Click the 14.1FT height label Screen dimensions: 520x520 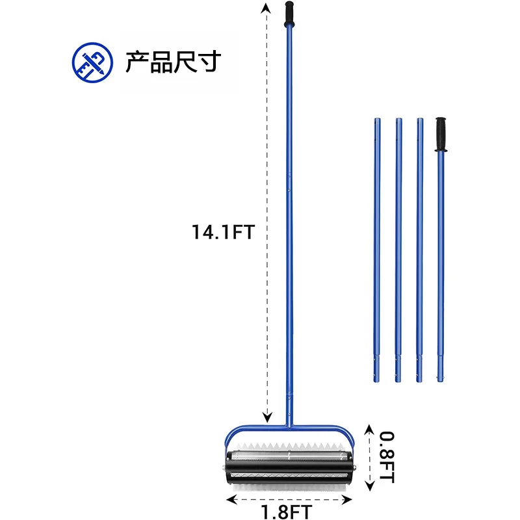tap(223, 232)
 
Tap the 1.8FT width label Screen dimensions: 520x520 tap(287, 512)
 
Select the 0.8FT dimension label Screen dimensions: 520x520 tap(387, 457)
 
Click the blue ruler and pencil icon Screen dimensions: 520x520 tap(92, 62)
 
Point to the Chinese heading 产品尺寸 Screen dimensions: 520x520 tap(173, 62)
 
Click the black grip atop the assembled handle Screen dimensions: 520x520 tap(289, 14)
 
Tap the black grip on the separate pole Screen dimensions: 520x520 tap(441, 135)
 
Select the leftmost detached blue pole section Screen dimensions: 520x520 tap(377, 250)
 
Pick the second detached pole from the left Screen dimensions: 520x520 tap(398, 250)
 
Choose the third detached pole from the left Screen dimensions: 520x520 tap(420, 250)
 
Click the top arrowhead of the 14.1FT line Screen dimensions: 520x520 tap(265, 7)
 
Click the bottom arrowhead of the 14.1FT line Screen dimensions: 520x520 tap(267, 417)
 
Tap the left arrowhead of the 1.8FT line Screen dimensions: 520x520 tap(231, 499)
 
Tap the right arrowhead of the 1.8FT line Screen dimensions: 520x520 tap(347, 499)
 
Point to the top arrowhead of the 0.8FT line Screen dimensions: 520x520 tap(369, 429)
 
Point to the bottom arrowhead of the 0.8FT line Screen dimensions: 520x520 tap(369, 486)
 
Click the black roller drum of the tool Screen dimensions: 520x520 tap(289, 467)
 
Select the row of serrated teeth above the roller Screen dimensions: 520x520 tap(289, 447)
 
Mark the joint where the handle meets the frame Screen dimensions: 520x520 tap(289, 426)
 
